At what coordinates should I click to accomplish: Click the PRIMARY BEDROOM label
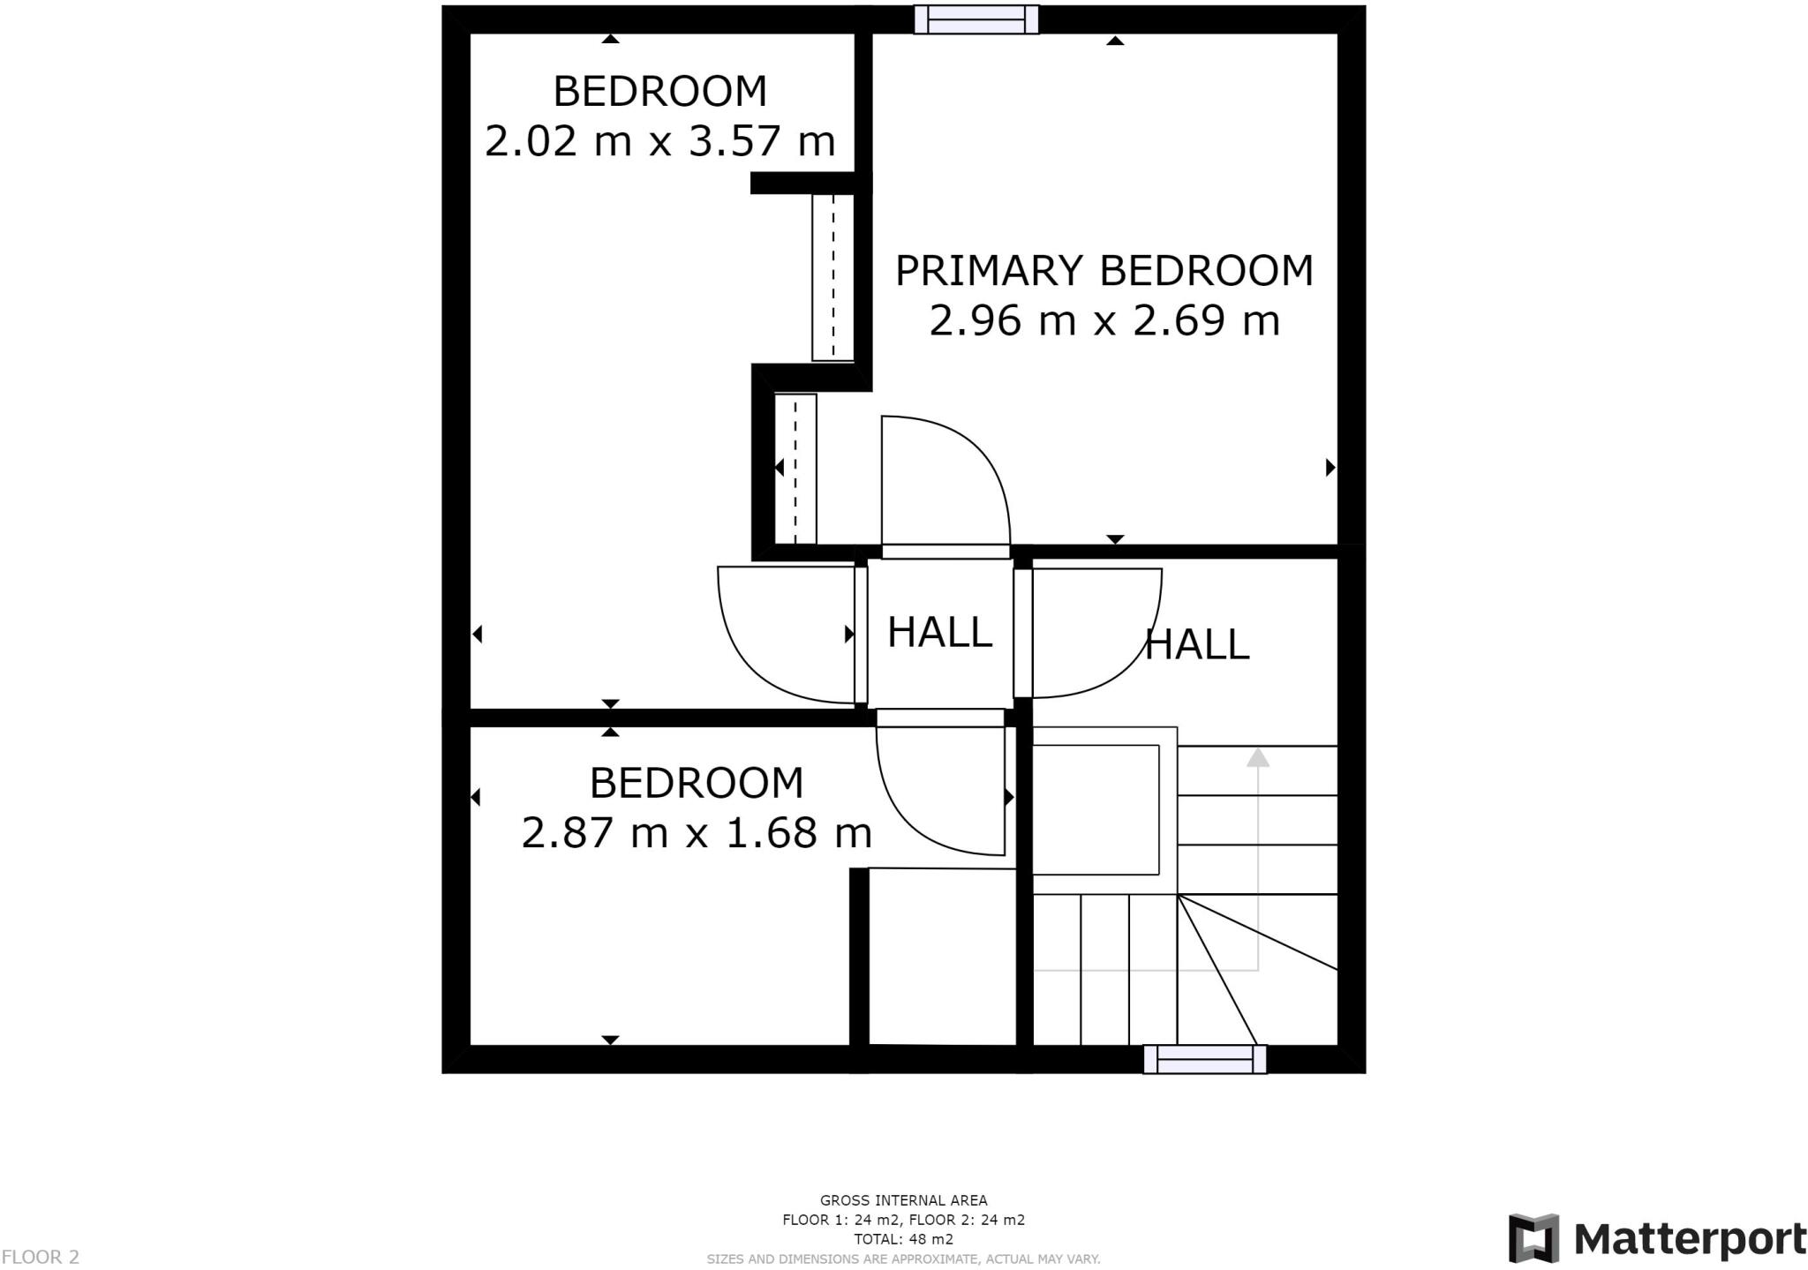coord(1104,270)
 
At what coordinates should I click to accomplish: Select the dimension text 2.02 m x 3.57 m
coord(659,141)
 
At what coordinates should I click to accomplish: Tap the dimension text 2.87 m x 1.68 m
coord(697,832)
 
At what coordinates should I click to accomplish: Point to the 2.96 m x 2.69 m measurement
coord(1104,320)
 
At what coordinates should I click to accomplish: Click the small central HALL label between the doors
coord(939,632)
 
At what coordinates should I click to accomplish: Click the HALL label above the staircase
coord(1196,644)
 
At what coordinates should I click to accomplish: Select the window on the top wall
coord(976,19)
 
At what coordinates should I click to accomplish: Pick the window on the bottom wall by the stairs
coord(1204,1058)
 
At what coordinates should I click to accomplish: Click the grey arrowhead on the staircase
coord(1257,757)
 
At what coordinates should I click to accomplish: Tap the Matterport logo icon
coord(1533,1238)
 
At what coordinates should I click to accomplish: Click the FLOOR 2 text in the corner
coord(41,1257)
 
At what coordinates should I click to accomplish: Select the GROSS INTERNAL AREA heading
coord(903,1200)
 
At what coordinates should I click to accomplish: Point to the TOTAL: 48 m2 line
coord(903,1239)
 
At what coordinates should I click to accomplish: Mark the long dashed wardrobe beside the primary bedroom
coord(832,277)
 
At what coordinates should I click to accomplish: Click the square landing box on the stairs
coord(1096,809)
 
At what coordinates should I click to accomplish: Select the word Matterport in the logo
coord(1690,1239)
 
